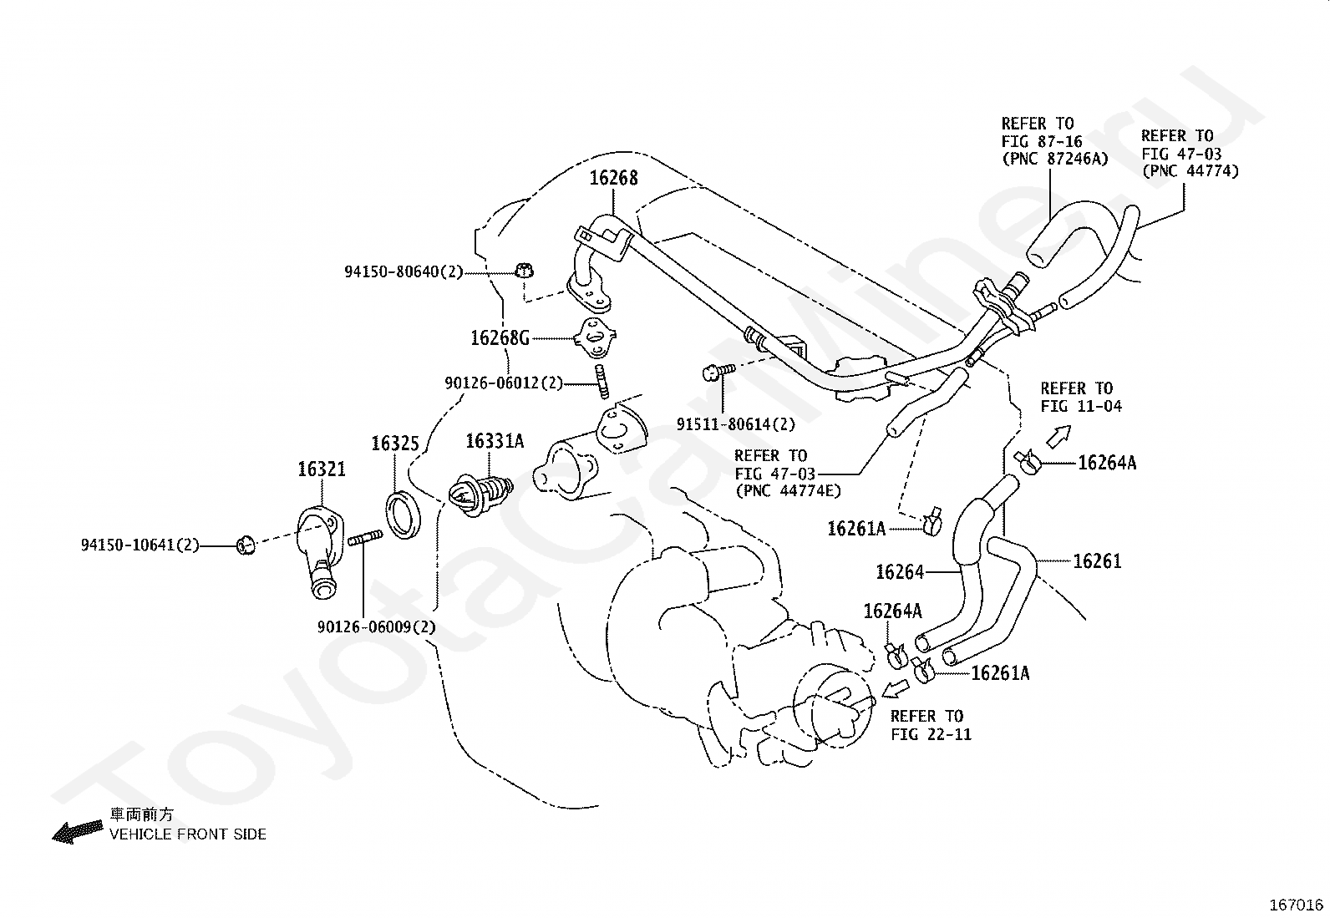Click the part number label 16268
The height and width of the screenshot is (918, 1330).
613,178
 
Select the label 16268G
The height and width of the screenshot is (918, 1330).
500,337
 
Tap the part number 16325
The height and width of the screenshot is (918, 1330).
395,443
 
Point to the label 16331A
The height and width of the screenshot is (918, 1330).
495,441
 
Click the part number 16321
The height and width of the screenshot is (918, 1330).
322,469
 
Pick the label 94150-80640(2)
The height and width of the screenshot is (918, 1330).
404,271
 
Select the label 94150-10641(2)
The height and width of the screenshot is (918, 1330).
140,545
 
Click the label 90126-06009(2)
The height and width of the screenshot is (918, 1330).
377,626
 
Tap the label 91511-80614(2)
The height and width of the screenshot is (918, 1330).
736,424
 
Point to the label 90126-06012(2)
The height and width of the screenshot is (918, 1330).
504,383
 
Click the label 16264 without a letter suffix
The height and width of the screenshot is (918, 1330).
900,572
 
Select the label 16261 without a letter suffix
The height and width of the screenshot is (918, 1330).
1097,561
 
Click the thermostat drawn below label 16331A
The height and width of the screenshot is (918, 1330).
480,493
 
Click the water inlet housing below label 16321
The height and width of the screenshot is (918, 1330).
320,552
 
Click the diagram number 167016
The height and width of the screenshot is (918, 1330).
1297,905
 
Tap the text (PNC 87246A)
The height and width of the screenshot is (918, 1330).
1055,159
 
